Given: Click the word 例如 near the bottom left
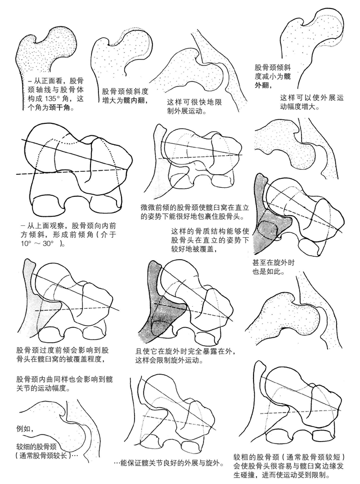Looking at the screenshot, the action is pos(24,428).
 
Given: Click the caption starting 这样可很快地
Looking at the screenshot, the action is pos(196,106).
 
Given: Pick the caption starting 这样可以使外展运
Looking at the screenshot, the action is pos(311,102).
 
